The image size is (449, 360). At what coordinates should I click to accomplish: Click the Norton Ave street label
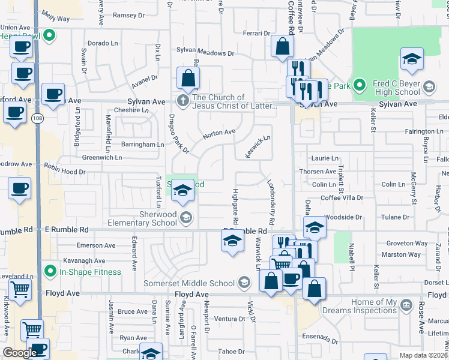pyautogui.click(x=218, y=133)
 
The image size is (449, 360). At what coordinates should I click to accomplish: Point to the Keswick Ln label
pyautogui.click(x=258, y=147)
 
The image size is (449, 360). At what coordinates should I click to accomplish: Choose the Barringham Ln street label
pyautogui.click(x=143, y=145)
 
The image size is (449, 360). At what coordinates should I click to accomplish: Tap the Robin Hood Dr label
pyautogui.click(x=65, y=172)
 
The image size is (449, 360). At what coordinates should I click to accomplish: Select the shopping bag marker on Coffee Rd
pyautogui.click(x=282, y=47)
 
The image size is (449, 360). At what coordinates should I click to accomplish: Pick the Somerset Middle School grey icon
pyautogui.click(x=244, y=283)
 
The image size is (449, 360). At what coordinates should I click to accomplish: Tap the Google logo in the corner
pyautogui.click(x=20, y=353)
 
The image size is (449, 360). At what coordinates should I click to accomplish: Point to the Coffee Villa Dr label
pyautogui.click(x=342, y=197)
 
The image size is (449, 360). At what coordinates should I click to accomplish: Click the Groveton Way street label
pyautogui.click(x=408, y=244)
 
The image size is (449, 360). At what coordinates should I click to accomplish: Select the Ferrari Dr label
pyautogui.click(x=258, y=33)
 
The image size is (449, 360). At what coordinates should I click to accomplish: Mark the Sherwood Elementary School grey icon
pyautogui.click(x=186, y=218)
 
